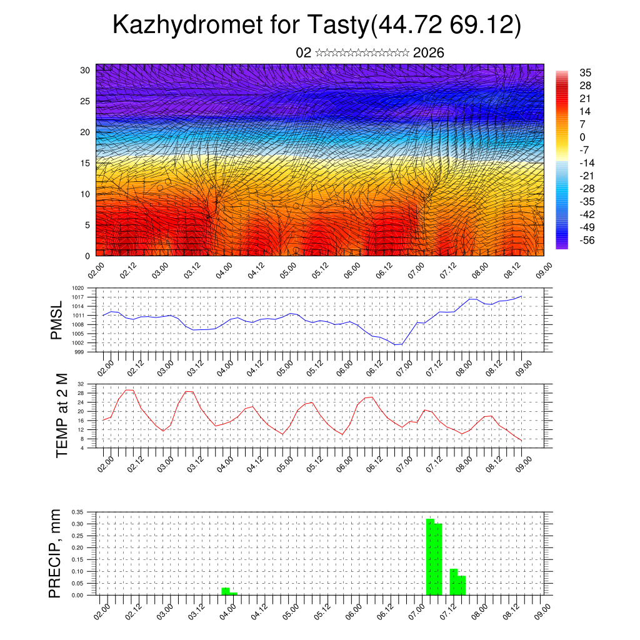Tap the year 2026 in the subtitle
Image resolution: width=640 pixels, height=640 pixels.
tap(429, 53)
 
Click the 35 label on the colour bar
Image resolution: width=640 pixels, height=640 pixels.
tap(586, 72)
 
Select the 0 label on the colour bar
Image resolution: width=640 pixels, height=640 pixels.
tap(582, 137)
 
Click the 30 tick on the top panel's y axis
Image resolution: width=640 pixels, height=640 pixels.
tap(85, 70)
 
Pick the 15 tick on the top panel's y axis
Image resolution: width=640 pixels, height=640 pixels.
tap(85, 163)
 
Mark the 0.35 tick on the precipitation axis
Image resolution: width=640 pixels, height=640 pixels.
tap(77, 512)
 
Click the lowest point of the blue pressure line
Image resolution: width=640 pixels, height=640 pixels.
tap(395, 344)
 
